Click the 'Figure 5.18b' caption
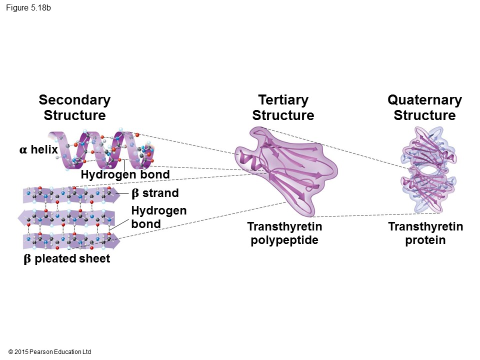28,8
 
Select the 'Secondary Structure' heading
74,107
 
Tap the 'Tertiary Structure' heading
283,107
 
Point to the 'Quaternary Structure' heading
424,107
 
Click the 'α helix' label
38,149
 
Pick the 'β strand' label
154,193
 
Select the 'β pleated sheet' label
66,259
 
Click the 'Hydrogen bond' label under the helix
125,174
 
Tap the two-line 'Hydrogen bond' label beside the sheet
158,217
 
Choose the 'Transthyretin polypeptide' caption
284,233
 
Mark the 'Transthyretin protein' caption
425,233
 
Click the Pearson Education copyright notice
50,352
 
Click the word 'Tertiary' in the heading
283,100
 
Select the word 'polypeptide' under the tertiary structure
284,240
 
